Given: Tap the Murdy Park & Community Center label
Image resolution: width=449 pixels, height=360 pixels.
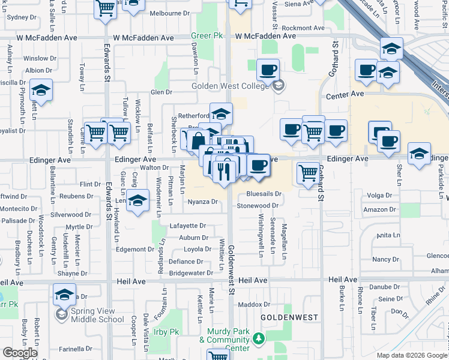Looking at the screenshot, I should click(x=228, y=340).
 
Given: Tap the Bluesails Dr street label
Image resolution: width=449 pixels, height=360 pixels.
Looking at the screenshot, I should click(x=264, y=194).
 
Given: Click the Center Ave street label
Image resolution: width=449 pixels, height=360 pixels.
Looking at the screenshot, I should click(x=345, y=95).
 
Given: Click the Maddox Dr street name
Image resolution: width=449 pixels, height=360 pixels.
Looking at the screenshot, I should click(x=255, y=304).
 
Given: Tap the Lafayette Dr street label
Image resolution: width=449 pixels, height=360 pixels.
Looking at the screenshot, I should click(x=187, y=226).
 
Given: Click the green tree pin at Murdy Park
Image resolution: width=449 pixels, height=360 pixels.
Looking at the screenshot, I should click(x=259, y=339).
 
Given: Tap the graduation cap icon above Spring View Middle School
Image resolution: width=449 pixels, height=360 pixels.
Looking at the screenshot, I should click(x=64, y=294).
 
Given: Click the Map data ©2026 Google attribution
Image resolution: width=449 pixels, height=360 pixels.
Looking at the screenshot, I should click(x=411, y=355).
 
